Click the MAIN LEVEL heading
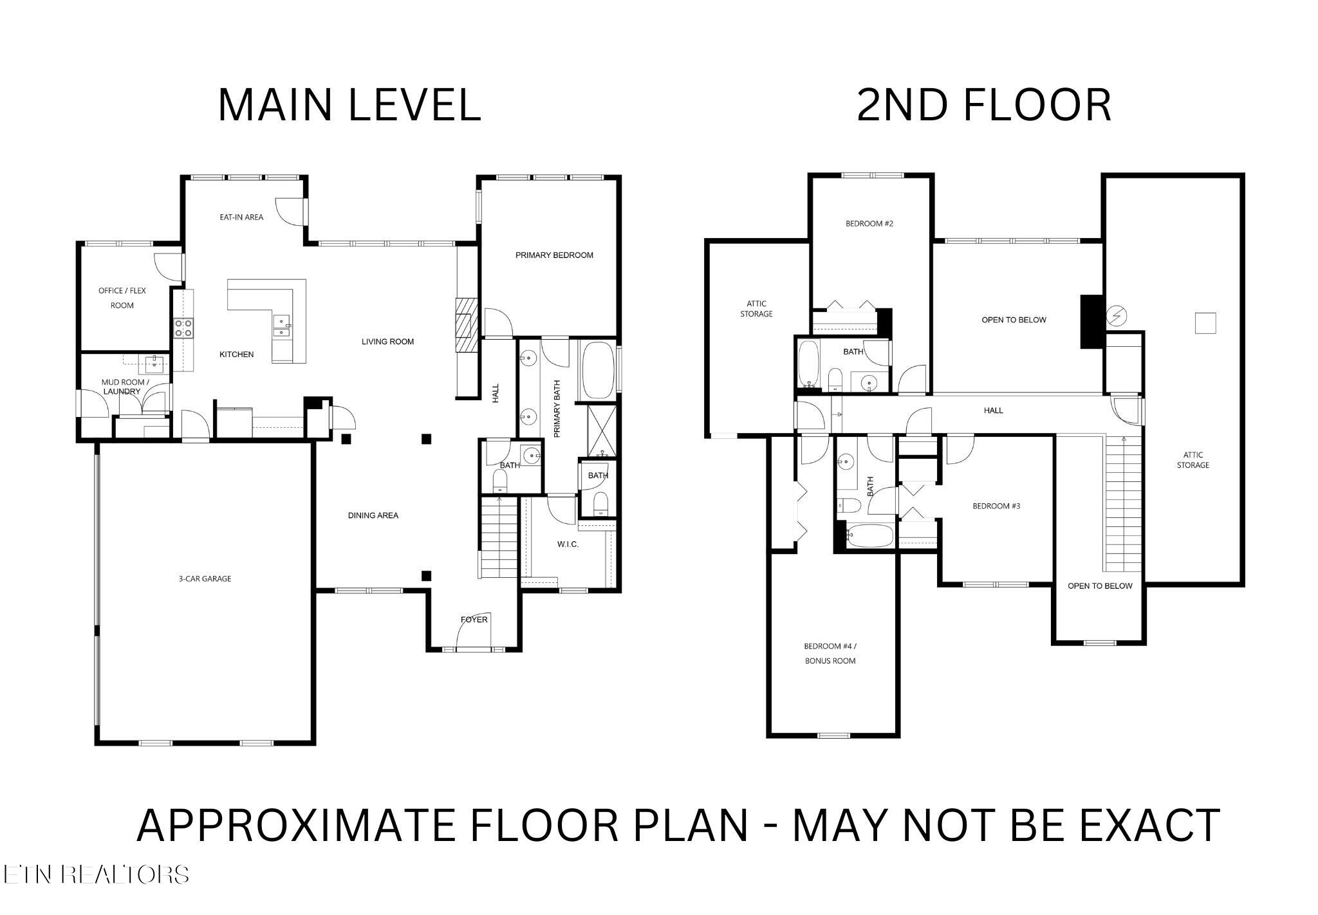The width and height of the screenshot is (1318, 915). click(349, 105)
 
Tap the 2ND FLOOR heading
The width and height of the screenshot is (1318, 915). click(984, 105)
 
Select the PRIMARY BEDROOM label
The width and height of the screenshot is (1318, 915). click(554, 255)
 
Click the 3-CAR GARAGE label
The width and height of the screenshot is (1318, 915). click(205, 578)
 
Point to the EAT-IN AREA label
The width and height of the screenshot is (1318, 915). click(241, 217)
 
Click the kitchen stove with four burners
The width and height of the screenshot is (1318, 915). click(185, 328)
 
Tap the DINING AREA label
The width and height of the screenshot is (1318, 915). click(373, 515)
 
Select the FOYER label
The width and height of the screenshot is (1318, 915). click(474, 620)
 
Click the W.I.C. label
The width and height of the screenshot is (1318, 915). click(568, 544)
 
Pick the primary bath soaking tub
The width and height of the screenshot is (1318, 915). click(598, 370)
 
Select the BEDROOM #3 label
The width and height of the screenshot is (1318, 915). click(996, 506)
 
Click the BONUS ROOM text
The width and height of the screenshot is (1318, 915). click(830, 661)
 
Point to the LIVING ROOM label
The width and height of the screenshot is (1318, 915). click(387, 342)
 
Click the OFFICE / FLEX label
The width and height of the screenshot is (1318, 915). click(122, 291)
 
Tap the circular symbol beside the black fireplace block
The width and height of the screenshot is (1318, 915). click(1117, 316)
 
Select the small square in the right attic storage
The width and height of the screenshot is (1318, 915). click(1205, 323)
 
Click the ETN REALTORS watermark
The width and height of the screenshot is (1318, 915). click(96, 874)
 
